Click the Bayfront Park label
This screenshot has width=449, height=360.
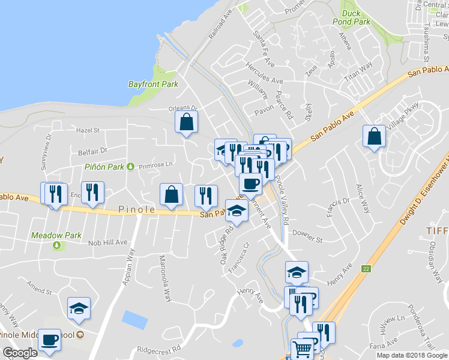click(x=153, y=85)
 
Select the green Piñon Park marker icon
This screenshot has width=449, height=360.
click(x=131, y=166)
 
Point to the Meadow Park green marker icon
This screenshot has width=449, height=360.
click(x=58, y=245)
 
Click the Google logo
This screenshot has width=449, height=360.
click(x=20, y=353)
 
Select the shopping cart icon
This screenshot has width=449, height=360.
click(x=302, y=349)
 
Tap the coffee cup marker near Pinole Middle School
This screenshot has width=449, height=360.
click(x=49, y=340)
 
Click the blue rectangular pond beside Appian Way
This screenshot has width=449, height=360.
click(x=134, y=320)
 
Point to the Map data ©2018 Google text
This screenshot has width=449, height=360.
click(x=411, y=355)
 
